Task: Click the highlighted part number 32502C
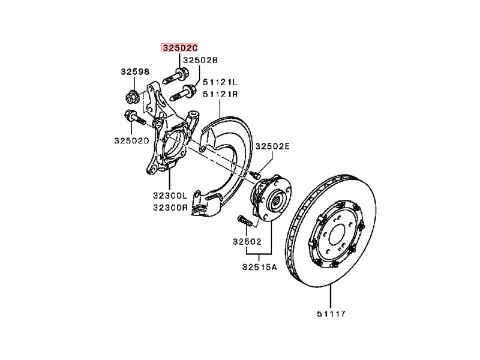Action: [x=178, y=47]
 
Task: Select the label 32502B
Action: [x=200, y=60]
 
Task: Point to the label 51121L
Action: [x=220, y=82]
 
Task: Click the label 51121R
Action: [x=220, y=94]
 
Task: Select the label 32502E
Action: [x=273, y=146]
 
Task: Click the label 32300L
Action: [x=169, y=196]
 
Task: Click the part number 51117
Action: [x=331, y=314]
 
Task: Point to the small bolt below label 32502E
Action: [x=257, y=175]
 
